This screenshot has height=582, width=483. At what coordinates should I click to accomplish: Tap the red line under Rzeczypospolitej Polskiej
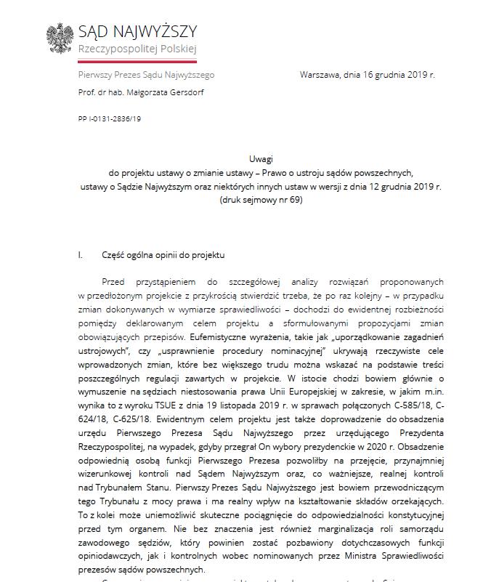click(137, 55)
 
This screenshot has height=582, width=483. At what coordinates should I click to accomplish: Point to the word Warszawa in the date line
click(320, 74)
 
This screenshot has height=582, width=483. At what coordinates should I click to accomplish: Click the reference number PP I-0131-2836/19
click(110, 118)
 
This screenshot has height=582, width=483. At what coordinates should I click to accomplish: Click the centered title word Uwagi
click(259, 161)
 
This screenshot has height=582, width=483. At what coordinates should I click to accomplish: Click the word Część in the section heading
click(115, 255)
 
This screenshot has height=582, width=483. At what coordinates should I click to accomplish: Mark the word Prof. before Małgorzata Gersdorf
click(88, 92)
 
